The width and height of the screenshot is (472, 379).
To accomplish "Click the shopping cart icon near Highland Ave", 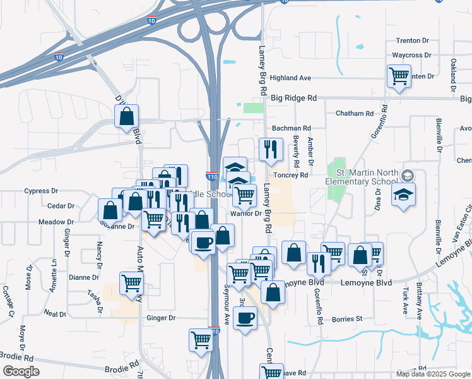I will pos(399,76).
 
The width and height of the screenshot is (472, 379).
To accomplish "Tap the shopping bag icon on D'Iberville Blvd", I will pos(126,116).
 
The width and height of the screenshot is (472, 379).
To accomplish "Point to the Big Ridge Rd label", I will pos(293,99).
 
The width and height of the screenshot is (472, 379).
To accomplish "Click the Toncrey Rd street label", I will pos(290,175).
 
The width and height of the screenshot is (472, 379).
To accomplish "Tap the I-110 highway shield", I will pos(212,176).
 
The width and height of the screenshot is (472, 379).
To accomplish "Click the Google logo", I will pos(20,371).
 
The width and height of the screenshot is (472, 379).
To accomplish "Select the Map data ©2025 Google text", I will pos(433,374).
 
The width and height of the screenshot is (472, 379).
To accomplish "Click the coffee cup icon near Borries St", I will pos(244,317).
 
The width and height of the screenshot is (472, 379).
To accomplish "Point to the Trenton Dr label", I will pos(412,40).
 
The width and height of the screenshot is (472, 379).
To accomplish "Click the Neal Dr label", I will pos(55,314).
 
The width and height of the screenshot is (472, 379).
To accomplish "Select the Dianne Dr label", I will pos(83,277).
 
